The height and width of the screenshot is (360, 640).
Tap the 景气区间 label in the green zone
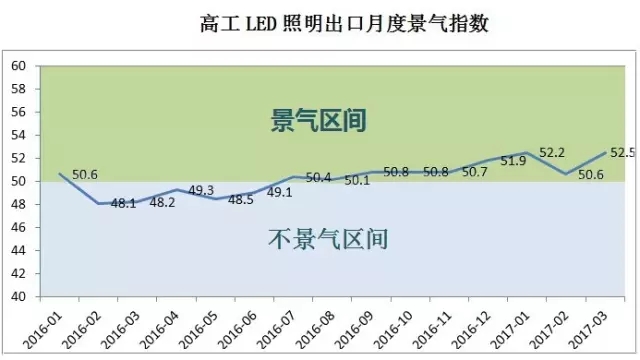pos(320,122)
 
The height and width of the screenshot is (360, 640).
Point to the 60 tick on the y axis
pos(18,66)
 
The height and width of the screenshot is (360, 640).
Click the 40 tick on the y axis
pos(18,297)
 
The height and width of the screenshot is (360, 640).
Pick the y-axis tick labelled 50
pos(18,181)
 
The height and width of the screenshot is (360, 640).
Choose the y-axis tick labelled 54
pos(18,135)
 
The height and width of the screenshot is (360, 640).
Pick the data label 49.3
pos(201,190)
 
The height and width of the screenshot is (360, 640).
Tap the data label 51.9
pos(512,162)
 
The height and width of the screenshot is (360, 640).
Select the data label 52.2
pos(553,153)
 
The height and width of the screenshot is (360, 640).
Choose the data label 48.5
pos(241,199)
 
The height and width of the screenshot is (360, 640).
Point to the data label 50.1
pos(357,181)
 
